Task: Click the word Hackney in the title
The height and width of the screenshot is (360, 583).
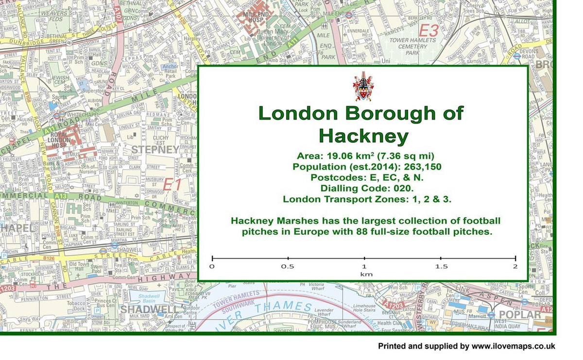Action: [x=363, y=136]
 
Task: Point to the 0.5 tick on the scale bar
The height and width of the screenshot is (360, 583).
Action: [x=288, y=259]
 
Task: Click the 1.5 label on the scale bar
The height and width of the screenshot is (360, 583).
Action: [x=441, y=267]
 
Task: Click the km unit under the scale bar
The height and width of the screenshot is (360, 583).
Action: [x=363, y=274]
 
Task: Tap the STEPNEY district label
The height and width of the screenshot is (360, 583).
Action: [x=155, y=149]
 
